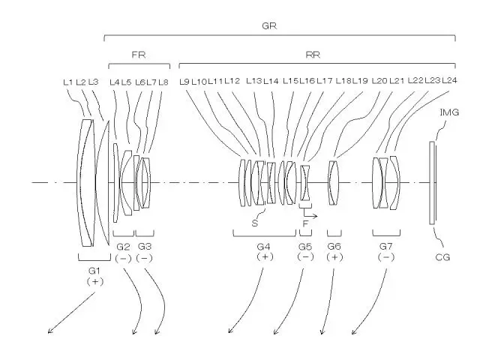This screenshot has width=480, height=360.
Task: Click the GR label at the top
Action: coord(269,25)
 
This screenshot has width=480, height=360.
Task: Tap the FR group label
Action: coord(139,55)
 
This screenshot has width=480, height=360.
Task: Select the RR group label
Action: coord(313,55)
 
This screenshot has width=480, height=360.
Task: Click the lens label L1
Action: coord(68,82)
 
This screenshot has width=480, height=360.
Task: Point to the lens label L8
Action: coord(163,82)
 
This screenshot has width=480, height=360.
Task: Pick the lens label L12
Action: coord(232,81)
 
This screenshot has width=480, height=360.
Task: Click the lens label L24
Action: coord(450,80)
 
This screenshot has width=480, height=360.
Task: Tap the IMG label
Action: coord(449,112)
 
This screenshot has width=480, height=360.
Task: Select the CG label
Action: coord(442,257)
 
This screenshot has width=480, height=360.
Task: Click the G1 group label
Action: coord(94,271)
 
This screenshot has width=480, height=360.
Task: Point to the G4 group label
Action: coord(263,247)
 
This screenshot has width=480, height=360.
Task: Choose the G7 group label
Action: coord(385,246)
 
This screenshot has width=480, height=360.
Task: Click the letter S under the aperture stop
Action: coord(255,223)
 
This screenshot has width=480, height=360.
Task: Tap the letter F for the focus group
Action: coord(305,223)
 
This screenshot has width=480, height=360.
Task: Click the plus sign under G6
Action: coord(334,257)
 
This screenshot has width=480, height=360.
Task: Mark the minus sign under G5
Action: coord(305,256)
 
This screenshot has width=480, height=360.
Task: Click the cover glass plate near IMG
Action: coord(432,183)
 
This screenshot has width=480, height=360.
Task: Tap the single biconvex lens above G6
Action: coord(333,183)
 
